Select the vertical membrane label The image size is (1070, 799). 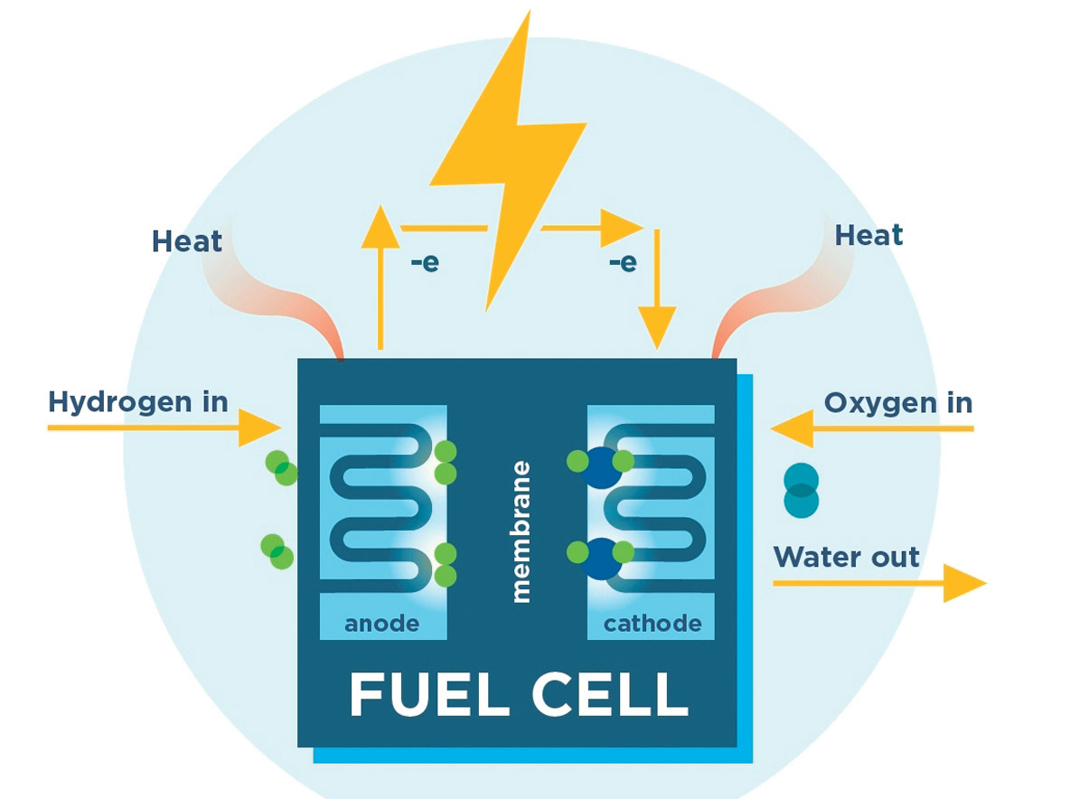tap(521, 531)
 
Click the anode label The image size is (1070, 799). tap(382, 624)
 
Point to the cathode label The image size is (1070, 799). tap(652, 624)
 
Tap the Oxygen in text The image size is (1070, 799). tap(898, 402)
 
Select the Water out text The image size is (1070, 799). tap(846, 556)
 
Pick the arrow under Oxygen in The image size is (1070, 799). tap(872, 428)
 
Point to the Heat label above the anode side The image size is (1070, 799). tap(186, 241)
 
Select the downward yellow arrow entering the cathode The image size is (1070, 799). tap(657, 289)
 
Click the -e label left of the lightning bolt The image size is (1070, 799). tap(424, 265)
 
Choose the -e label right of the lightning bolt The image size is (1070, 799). tap(623, 263)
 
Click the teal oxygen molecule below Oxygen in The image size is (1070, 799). tap(801, 490)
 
